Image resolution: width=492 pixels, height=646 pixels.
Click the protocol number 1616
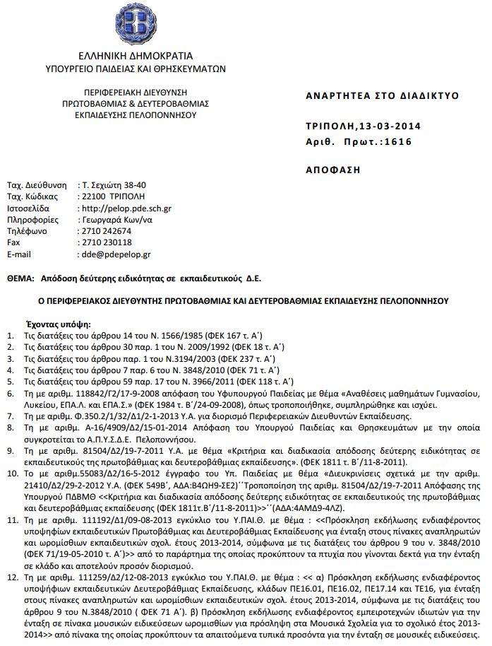pos(406,141)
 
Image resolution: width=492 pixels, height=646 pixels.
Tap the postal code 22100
pos(94,196)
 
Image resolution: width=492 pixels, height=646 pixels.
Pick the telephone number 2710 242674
pos(107,230)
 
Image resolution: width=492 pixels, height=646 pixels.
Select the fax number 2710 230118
pos(107,242)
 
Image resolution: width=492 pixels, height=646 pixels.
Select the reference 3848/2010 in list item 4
pos(193,370)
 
